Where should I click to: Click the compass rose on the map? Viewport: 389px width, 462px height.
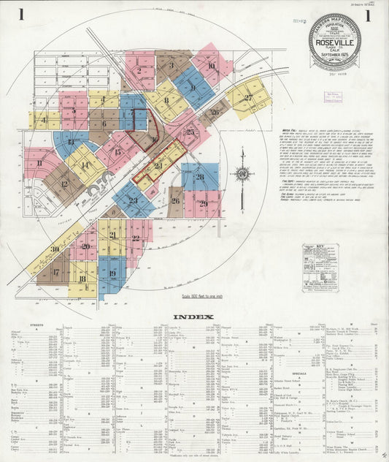[x=241, y=175]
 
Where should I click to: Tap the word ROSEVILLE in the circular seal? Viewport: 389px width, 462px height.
[x=334, y=41]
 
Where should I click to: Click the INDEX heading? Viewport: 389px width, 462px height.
[x=193, y=317]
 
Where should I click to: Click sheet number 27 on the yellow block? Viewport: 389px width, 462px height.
[x=248, y=97]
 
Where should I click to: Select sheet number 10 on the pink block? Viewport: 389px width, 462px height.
[x=211, y=66]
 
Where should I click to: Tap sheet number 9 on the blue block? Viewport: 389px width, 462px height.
[x=193, y=87]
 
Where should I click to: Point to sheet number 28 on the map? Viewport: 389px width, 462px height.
[x=199, y=176]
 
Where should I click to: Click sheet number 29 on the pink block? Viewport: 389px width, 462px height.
[x=204, y=203]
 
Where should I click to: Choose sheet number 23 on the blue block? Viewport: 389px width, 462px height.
[x=133, y=200]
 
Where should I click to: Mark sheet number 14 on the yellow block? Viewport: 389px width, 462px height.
[x=85, y=166]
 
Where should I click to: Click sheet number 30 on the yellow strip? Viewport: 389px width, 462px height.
[x=55, y=249]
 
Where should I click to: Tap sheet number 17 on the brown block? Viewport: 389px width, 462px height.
[x=56, y=271]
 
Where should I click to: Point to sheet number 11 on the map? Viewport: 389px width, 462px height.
[x=39, y=162]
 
